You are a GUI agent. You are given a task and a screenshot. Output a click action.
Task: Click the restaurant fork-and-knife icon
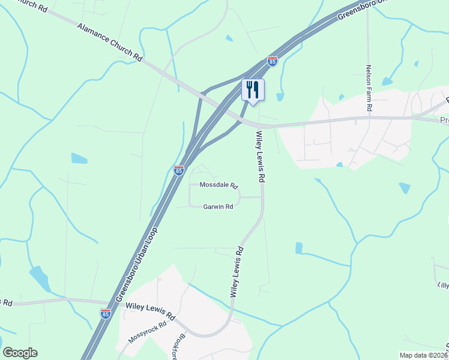pos(253,90)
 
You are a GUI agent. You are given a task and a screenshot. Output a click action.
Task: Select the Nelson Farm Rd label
pos(369,88)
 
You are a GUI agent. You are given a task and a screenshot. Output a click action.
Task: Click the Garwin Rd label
pos(217,206)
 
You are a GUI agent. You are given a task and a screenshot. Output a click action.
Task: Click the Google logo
pos(20,353)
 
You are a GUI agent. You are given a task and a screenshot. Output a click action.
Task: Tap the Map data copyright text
pos(424,355)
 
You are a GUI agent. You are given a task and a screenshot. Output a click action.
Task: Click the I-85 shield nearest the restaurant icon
pos(273,61)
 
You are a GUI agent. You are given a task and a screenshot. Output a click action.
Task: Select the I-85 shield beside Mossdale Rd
pos(178,170)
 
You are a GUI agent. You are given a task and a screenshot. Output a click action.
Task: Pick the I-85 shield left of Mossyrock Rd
pos(105,313)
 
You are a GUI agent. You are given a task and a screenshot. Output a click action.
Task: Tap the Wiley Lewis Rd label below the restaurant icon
pos(261,157)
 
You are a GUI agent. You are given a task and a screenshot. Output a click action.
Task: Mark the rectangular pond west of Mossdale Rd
pos(79,158)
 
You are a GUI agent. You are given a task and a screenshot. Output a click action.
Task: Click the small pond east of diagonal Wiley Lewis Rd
pos(299,248)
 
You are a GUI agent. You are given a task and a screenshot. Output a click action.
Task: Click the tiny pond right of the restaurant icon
pos(279,97)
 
